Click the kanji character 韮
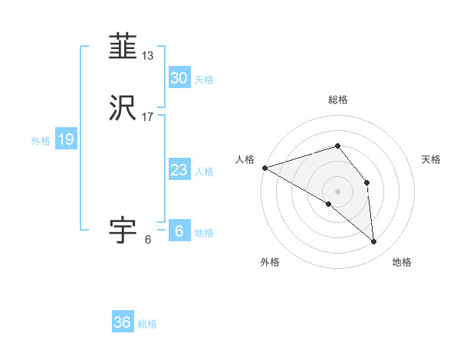coord(123,47)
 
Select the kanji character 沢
coord(123,108)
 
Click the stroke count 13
coord(148,56)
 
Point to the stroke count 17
coord(148,117)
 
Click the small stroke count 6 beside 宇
coord(147,240)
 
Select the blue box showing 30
coord(179,77)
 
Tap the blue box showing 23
coord(179,170)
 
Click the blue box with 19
coord(65,139)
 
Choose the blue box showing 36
coord(123,322)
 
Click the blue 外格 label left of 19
coord(41,141)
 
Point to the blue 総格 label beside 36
coord(147,324)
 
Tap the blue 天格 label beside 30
coord(204,79)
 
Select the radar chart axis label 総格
coord(337,100)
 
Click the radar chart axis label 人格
coord(245,159)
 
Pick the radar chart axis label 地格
coord(402,262)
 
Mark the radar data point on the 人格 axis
coord(264,168)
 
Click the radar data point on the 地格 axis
coord(374,241)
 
